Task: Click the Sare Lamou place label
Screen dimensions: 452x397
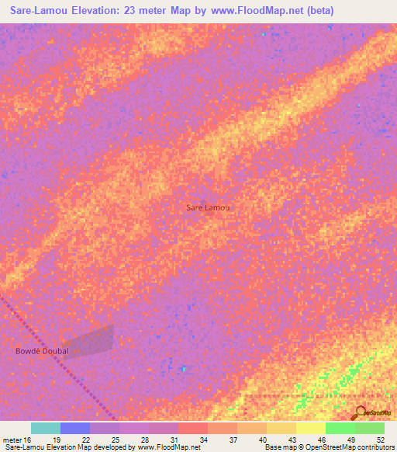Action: tap(209, 207)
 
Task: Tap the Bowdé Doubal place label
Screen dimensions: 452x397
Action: tap(43, 351)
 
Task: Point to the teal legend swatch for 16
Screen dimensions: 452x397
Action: tap(46, 428)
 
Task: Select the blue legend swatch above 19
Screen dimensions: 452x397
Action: tap(75, 428)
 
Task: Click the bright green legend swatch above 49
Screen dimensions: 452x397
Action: tap(340, 428)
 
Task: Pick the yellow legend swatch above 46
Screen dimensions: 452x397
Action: tap(311, 428)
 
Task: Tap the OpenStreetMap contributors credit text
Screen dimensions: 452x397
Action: tap(349, 447)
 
